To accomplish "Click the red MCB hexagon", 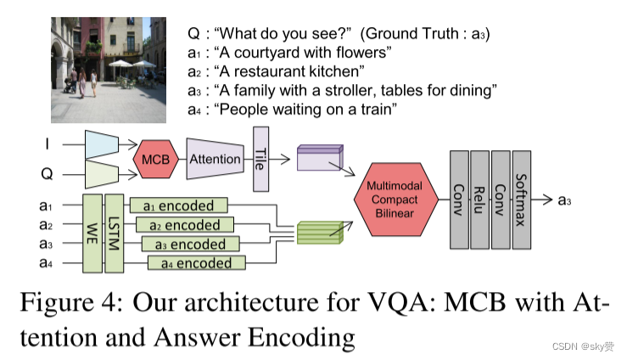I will [154, 159].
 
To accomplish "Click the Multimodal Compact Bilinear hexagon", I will [394, 199].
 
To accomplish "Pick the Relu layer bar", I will [479, 200].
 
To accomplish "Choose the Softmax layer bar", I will [522, 200].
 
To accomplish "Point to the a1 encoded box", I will [178, 205].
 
